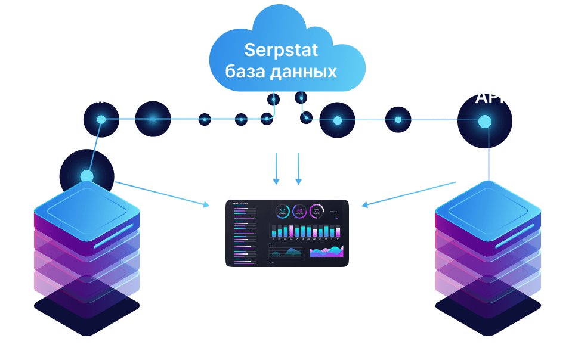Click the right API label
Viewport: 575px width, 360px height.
coord(489,96)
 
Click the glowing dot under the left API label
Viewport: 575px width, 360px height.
coord(101,120)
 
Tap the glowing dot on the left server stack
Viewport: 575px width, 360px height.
coord(87,176)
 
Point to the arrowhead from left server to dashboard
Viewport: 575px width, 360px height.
coord(206,206)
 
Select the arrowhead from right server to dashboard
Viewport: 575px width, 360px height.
coord(364,204)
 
